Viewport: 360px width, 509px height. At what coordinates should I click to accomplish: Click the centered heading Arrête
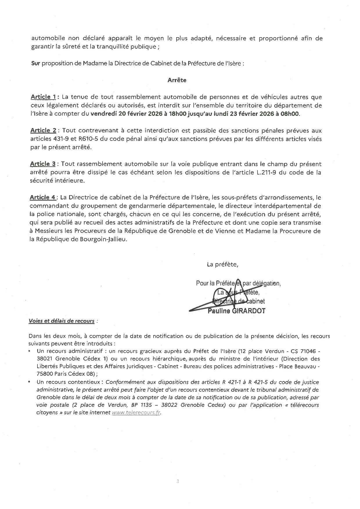(x=177, y=80)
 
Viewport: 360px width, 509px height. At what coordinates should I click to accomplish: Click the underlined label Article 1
(x=43, y=97)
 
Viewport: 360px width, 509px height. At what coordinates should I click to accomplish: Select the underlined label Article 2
(x=43, y=130)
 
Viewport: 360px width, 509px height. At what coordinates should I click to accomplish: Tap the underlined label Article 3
(x=43, y=164)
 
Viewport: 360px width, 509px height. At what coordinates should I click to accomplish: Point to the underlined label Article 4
(x=43, y=197)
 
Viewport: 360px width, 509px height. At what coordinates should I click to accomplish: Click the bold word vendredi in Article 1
(x=104, y=114)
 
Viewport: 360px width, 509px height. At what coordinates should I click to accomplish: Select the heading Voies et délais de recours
(x=61, y=321)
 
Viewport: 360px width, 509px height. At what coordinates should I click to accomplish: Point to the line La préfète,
(x=222, y=265)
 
